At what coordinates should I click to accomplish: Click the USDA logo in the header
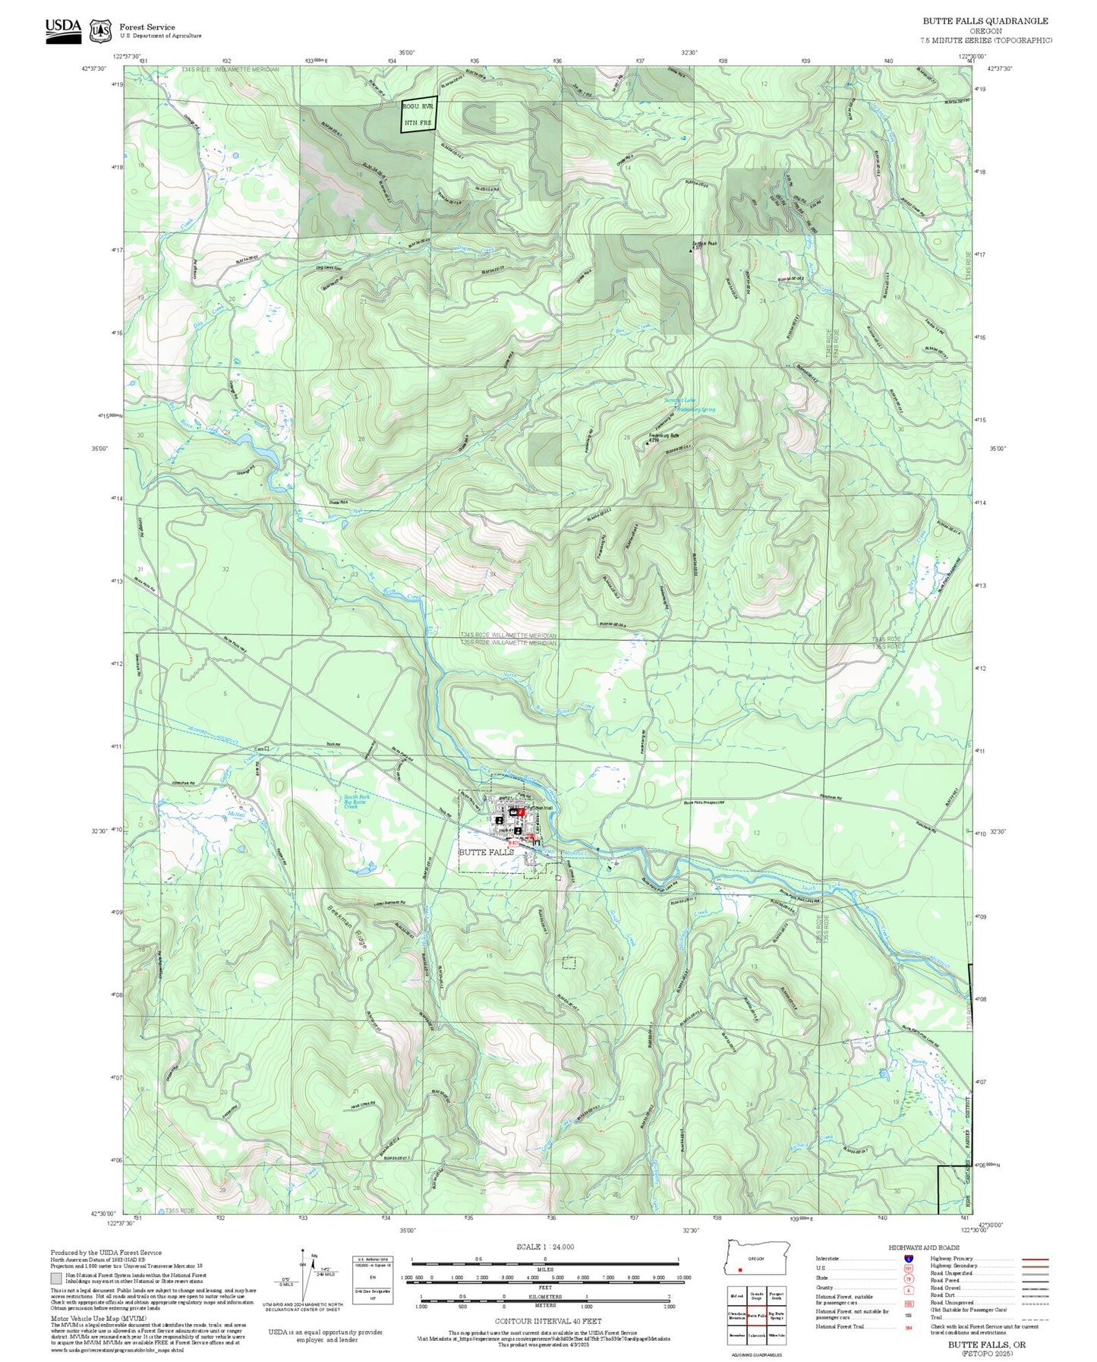pyautogui.click(x=63, y=30)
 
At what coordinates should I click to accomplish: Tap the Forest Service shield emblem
pyautogui.click(x=100, y=31)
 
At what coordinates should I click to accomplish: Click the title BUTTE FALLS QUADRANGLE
pyautogui.click(x=985, y=21)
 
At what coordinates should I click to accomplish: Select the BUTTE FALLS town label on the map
pyautogui.click(x=486, y=852)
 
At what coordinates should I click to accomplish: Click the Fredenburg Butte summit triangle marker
pyautogui.click(x=647, y=442)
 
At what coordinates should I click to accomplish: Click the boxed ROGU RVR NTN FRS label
pyautogui.click(x=419, y=115)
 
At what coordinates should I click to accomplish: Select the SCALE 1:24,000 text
pyautogui.click(x=545, y=1247)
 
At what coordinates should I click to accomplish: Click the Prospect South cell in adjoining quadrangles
pyautogui.click(x=777, y=1297)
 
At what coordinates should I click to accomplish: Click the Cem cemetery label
pyautogui.click(x=259, y=749)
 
